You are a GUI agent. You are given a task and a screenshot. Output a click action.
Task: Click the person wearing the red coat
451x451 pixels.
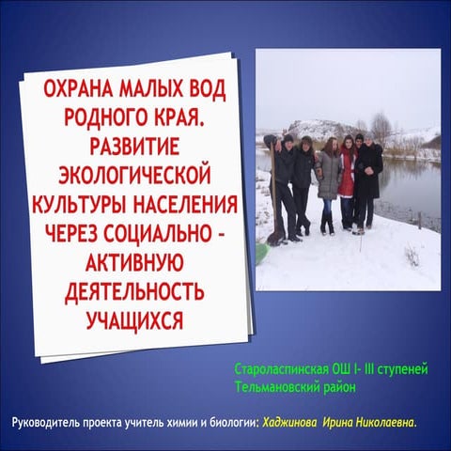(347, 179)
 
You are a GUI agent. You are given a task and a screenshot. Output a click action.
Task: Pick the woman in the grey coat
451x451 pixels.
(329, 179)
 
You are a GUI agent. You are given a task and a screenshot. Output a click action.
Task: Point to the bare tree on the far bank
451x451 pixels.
(381, 127)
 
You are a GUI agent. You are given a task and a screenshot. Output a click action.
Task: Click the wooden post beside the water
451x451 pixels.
(419, 219)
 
